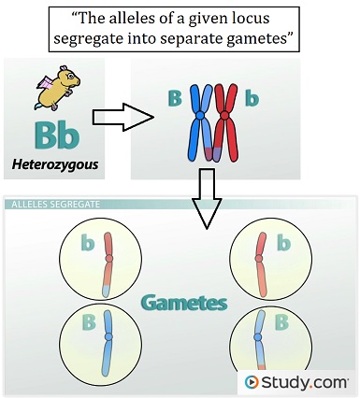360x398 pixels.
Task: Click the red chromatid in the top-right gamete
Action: pyautogui.click(x=265, y=263)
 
